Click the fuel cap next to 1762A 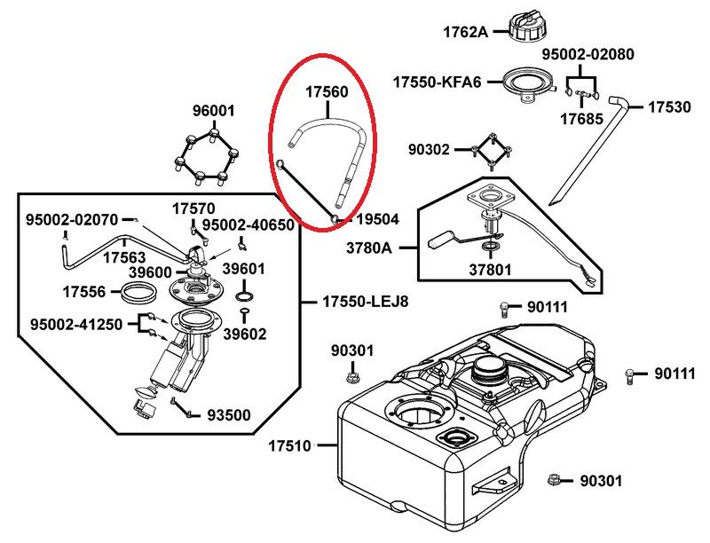(527, 27)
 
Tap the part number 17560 (327, 92)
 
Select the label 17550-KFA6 (438, 83)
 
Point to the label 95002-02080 (588, 54)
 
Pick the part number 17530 (670, 107)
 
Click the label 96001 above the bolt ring (214, 110)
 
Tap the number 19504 (378, 219)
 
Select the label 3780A (369, 248)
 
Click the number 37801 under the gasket (490, 270)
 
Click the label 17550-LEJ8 (366, 302)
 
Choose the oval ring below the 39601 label (245, 297)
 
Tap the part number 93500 (229, 415)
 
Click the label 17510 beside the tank (290, 446)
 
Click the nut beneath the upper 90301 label (351, 376)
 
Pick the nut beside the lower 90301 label (553, 480)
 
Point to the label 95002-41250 (76, 325)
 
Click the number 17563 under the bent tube (124, 257)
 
